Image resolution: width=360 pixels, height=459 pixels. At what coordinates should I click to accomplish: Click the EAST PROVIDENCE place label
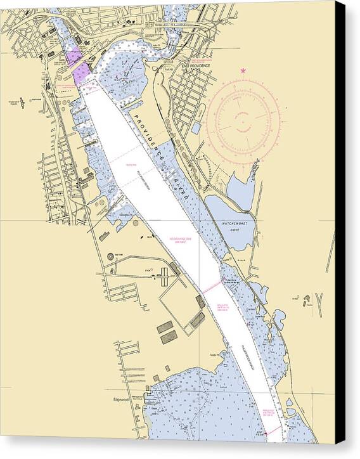pyautogui.click(x=195, y=65)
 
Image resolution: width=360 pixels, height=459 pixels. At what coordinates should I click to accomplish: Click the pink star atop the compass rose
pyautogui.click(x=244, y=71)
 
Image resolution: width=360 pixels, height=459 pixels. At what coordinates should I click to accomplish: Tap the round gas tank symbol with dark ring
pyautogui.click(x=110, y=256)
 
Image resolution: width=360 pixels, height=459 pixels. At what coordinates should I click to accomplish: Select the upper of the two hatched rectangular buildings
pyautogui.click(x=165, y=326)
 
